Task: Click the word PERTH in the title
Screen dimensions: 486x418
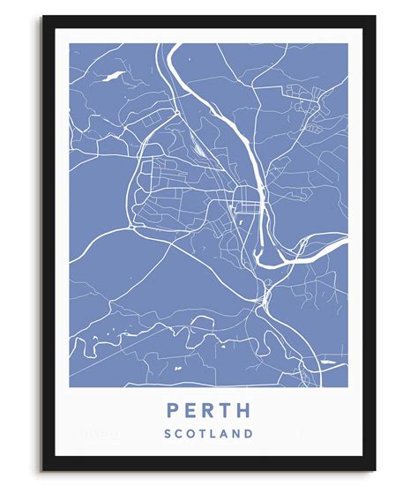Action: click(x=208, y=411)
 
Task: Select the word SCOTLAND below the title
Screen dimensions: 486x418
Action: click(x=208, y=433)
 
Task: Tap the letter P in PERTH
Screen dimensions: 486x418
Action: click(x=170, y=411)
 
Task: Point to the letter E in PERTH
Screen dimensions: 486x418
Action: click(x=189, y=411)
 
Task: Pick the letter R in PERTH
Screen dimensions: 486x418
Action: click(x=207, y=411)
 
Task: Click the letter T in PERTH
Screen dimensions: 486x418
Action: click(x=226, y=411)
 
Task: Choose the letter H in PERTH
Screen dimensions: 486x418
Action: click(x=245, y=411)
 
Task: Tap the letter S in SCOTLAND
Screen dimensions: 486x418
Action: click(x=167, y=433)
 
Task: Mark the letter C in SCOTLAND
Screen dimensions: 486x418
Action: click(x=178, y=433)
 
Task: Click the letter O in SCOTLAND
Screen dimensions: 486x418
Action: click(x=190, y=433)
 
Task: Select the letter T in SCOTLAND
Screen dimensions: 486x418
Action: click(x=202, y=433)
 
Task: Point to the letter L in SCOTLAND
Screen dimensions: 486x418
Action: click(x=213, y=433)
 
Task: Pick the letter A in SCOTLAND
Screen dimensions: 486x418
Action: click(x=225, y=433)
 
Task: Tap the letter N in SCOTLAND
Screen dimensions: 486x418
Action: click(x=237, y=433)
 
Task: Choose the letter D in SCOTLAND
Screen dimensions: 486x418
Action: click(x=250, y=433)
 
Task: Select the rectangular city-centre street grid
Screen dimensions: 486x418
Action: click(x=242, y=208)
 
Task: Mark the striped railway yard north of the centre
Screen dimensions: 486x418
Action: click(x=202, y=149)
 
